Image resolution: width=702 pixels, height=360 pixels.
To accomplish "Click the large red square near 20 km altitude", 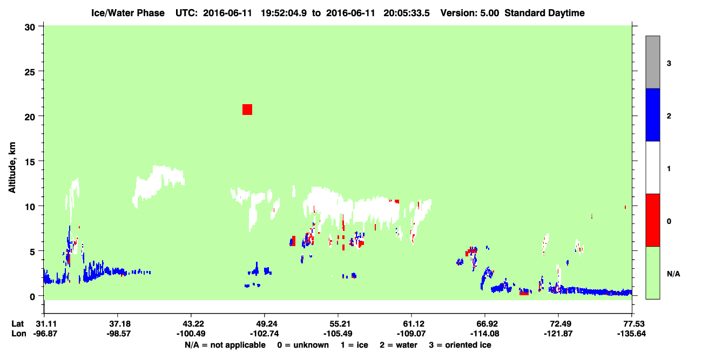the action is click(247, 110).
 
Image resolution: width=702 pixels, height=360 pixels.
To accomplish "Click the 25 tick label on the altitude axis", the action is click(30, 72).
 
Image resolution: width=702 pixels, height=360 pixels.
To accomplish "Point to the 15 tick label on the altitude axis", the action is click(30, 162).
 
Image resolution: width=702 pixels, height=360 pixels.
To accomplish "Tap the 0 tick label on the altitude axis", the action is click(32, 297).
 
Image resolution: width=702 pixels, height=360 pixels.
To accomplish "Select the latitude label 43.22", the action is click(192, 324).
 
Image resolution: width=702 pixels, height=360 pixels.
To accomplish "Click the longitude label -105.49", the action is click(338, 334).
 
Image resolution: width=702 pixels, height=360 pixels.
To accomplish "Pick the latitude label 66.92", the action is click(485, 324).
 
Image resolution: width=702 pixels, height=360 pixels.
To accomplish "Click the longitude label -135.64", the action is click(631, 334).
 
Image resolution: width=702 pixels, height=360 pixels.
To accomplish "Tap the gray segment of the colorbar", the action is click(653, 62).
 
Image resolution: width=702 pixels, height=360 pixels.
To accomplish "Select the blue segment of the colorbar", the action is click(653, 114).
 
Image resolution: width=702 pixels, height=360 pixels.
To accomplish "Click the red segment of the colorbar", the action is click(653, 220).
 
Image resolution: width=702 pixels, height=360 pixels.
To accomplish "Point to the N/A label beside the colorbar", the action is click(673, 274).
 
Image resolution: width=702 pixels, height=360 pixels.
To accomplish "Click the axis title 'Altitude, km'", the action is click(12, 167).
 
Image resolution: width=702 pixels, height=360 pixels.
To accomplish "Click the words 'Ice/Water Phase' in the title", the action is click(128, 13).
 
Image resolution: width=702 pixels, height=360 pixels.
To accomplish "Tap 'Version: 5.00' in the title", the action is click(469, 13).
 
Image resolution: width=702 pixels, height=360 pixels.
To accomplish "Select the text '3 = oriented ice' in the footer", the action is click(460, 345).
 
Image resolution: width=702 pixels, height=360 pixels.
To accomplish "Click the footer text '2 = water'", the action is click(399, 345).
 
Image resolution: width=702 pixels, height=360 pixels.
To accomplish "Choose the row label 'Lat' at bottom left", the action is click(18, 324).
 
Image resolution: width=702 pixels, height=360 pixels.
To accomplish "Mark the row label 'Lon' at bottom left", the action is click(19, 334).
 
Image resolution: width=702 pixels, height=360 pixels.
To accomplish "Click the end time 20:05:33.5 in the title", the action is click(407, 13).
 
